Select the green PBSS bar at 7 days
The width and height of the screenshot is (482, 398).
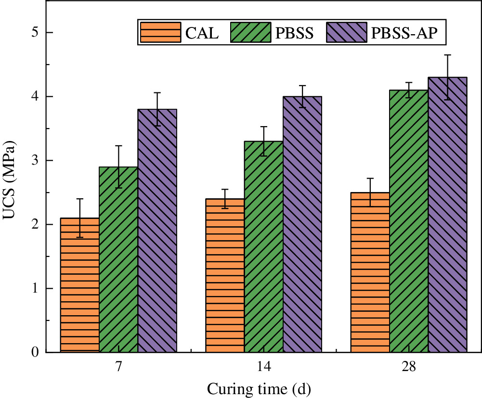pos(118,259)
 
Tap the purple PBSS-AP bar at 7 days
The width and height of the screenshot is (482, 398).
pos(157,231)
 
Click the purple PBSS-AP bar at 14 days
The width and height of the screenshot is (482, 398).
pos(302,224)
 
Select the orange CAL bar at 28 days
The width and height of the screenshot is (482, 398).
pos(370,272)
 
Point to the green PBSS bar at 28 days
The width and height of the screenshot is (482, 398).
pos(409,221)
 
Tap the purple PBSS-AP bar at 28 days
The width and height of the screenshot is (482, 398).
pos(448,215)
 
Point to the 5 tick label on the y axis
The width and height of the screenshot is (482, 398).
pos(36,33)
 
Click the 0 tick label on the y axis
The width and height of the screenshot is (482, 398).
pos(36,352)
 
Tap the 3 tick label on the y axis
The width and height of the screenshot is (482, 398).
pos(36,161)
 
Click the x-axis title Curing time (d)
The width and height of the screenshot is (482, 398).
pos(263,387)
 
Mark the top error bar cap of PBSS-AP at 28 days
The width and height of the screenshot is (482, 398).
pos(448,55)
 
